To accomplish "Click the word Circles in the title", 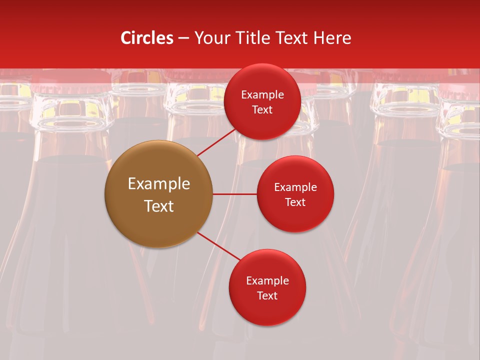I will point(147,38).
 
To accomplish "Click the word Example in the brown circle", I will point(159,184).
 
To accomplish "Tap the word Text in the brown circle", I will point(159,206).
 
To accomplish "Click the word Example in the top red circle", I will point(262,94).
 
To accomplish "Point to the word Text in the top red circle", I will point(262,109).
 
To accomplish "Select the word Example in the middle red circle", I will point(295,187).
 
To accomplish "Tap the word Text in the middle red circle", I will point(295,202).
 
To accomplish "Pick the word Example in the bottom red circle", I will point(267,280).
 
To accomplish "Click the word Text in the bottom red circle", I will point(267,295).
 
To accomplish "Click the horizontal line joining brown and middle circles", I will point(234,194).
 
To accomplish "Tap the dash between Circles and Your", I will point(183,38).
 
